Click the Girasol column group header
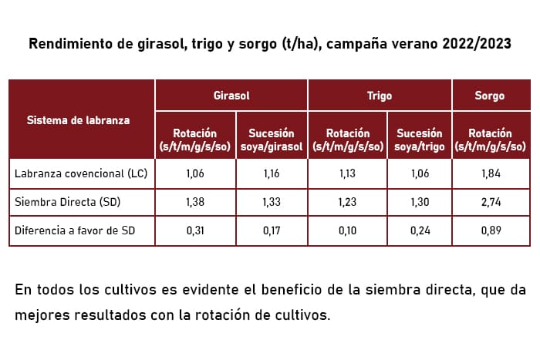coord(231,96)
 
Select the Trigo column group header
coord(380,96)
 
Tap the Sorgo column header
coord(490,96)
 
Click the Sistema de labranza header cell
coord(78,120)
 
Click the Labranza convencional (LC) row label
coord(80,174)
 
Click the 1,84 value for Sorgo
coord(490,174)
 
